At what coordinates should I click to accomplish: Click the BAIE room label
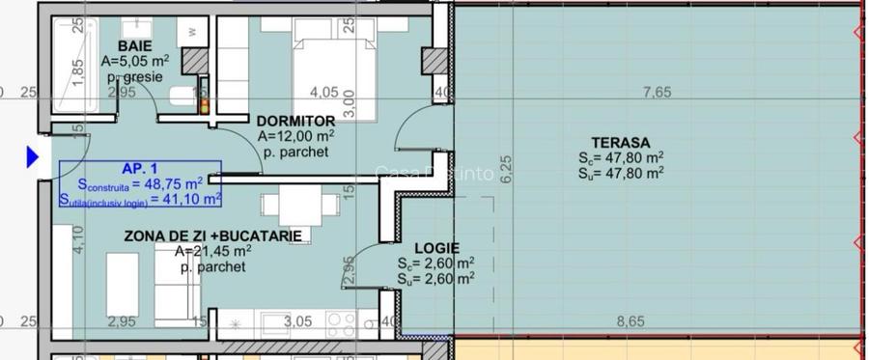(x=134, y=45)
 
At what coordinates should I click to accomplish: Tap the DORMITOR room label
(x=294, y=121)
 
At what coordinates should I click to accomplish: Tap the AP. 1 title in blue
(x=140, y=166)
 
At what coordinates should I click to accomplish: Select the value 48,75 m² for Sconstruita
(x=174, y=182)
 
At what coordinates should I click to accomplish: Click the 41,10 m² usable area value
(x=194, y=198)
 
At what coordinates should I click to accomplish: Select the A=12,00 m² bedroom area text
(x=296, y=136)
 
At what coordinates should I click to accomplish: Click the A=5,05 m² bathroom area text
(x=135, y=61)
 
